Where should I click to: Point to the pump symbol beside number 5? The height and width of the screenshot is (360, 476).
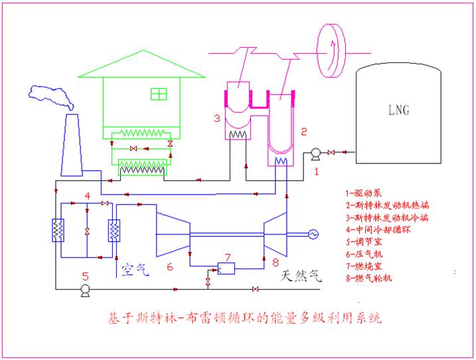point(84,290)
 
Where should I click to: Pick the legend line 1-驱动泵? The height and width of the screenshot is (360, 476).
point(363,193)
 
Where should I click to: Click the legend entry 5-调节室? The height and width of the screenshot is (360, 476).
point(363,241)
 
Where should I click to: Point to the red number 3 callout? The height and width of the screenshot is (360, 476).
point(216,120)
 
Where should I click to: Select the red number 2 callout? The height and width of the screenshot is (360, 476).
point(303,132)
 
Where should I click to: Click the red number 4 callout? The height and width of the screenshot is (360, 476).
point(87,195)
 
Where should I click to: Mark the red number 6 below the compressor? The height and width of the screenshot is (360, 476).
point(169,267)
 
